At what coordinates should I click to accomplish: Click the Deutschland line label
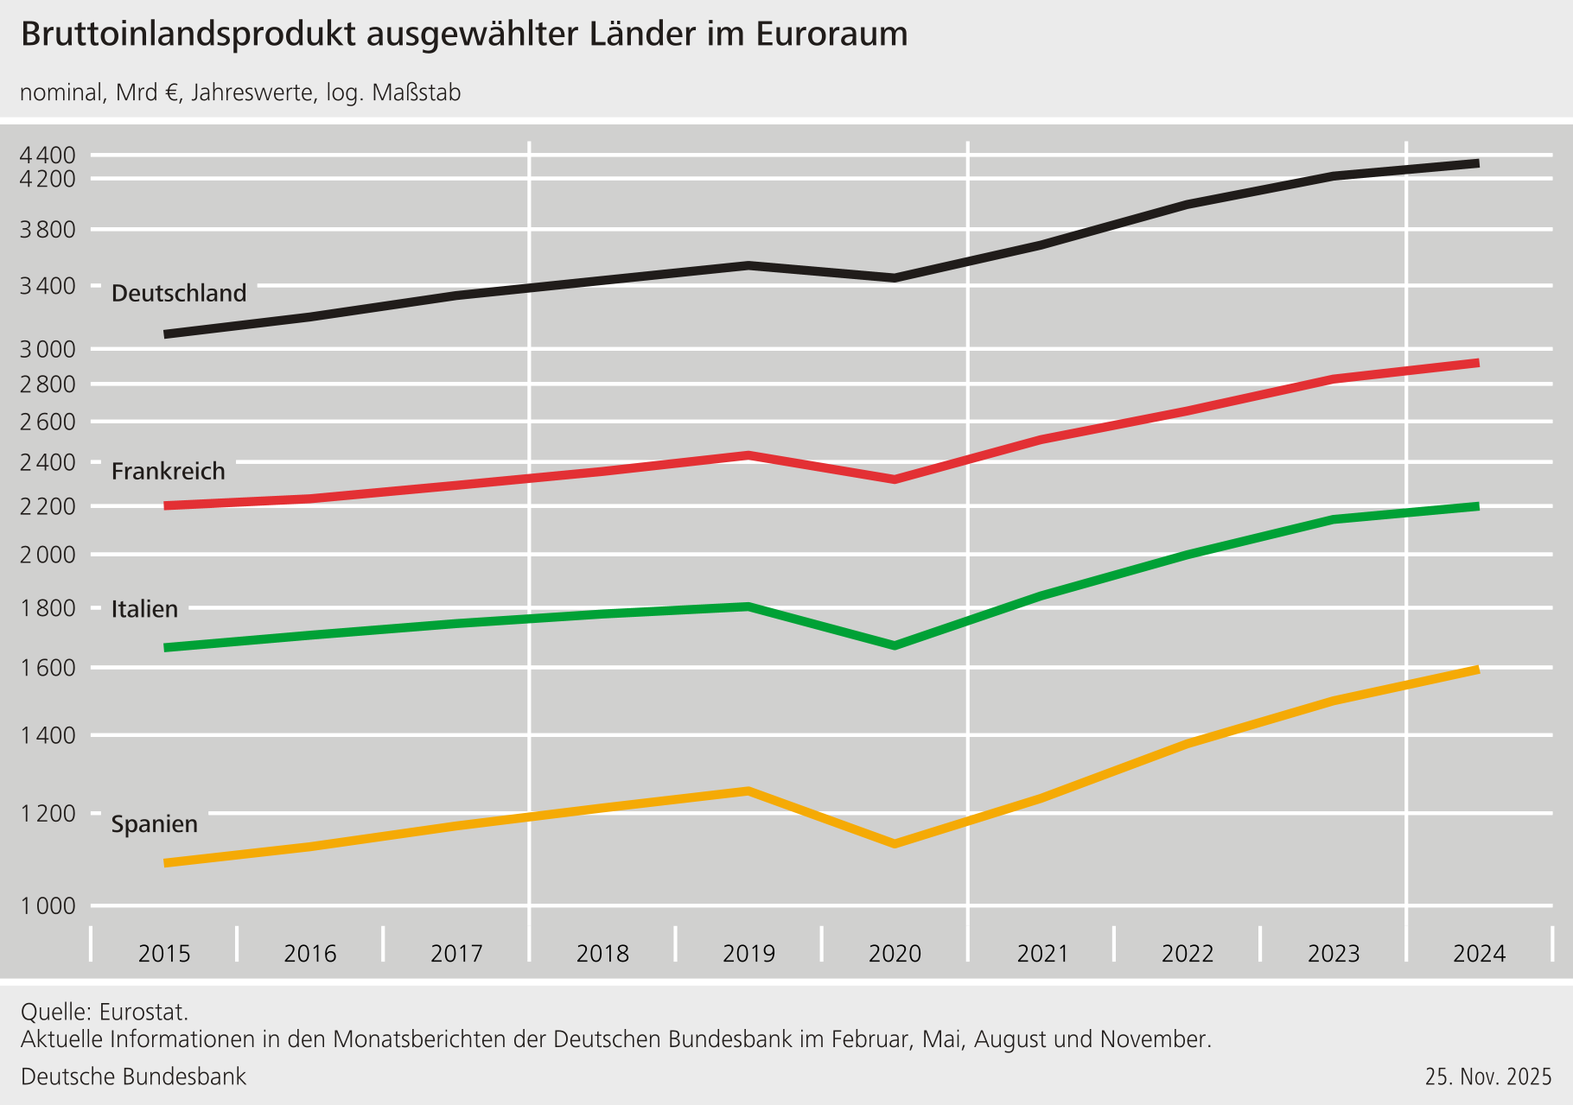coord(179,294)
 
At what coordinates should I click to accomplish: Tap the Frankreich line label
coord(169,472)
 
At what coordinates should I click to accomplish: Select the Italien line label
coord(144,609)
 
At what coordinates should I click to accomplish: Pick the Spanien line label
coord(155,824)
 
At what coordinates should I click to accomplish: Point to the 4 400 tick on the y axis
coord(48,156)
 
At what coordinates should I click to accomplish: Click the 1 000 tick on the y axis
coord(48,906)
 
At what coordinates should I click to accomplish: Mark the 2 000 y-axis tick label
coord(48,555)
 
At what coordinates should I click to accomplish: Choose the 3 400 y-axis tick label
coord(48,286)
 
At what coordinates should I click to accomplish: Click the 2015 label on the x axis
coord(164,954)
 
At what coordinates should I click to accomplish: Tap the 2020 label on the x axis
coord(895,954)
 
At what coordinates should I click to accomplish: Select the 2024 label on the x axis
coord(1479,954)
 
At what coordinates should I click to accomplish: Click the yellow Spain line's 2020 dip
coord(895,843)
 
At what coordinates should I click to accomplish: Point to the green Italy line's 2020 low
coord(895,645)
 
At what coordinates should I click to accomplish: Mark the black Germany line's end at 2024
coord(1476,163)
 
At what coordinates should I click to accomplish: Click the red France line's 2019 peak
coord(748,455)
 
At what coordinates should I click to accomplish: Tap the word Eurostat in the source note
coord(143,1012)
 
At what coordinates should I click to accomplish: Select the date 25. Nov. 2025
coord(1488,1077)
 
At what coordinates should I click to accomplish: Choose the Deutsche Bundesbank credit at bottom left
coord(133,1077)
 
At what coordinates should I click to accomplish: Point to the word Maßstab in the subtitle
coord(417,93)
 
